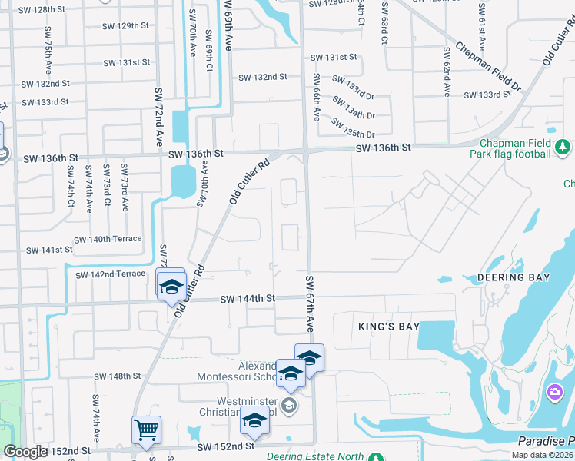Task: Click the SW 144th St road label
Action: (248, 299)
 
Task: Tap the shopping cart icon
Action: (146, 429)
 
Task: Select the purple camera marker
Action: (554, 393)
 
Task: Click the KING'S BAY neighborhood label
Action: (389, 327)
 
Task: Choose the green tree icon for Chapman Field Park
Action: (563, 145)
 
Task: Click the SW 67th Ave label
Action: (310, 303)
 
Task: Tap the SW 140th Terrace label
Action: (105, 239)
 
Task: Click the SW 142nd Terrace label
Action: (110, 274)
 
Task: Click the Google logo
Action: (25, 452)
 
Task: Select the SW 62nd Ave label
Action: (447, 71)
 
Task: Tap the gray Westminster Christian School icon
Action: (288, 405)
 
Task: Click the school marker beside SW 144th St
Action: (170, 286)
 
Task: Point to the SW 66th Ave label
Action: (316, 97)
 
